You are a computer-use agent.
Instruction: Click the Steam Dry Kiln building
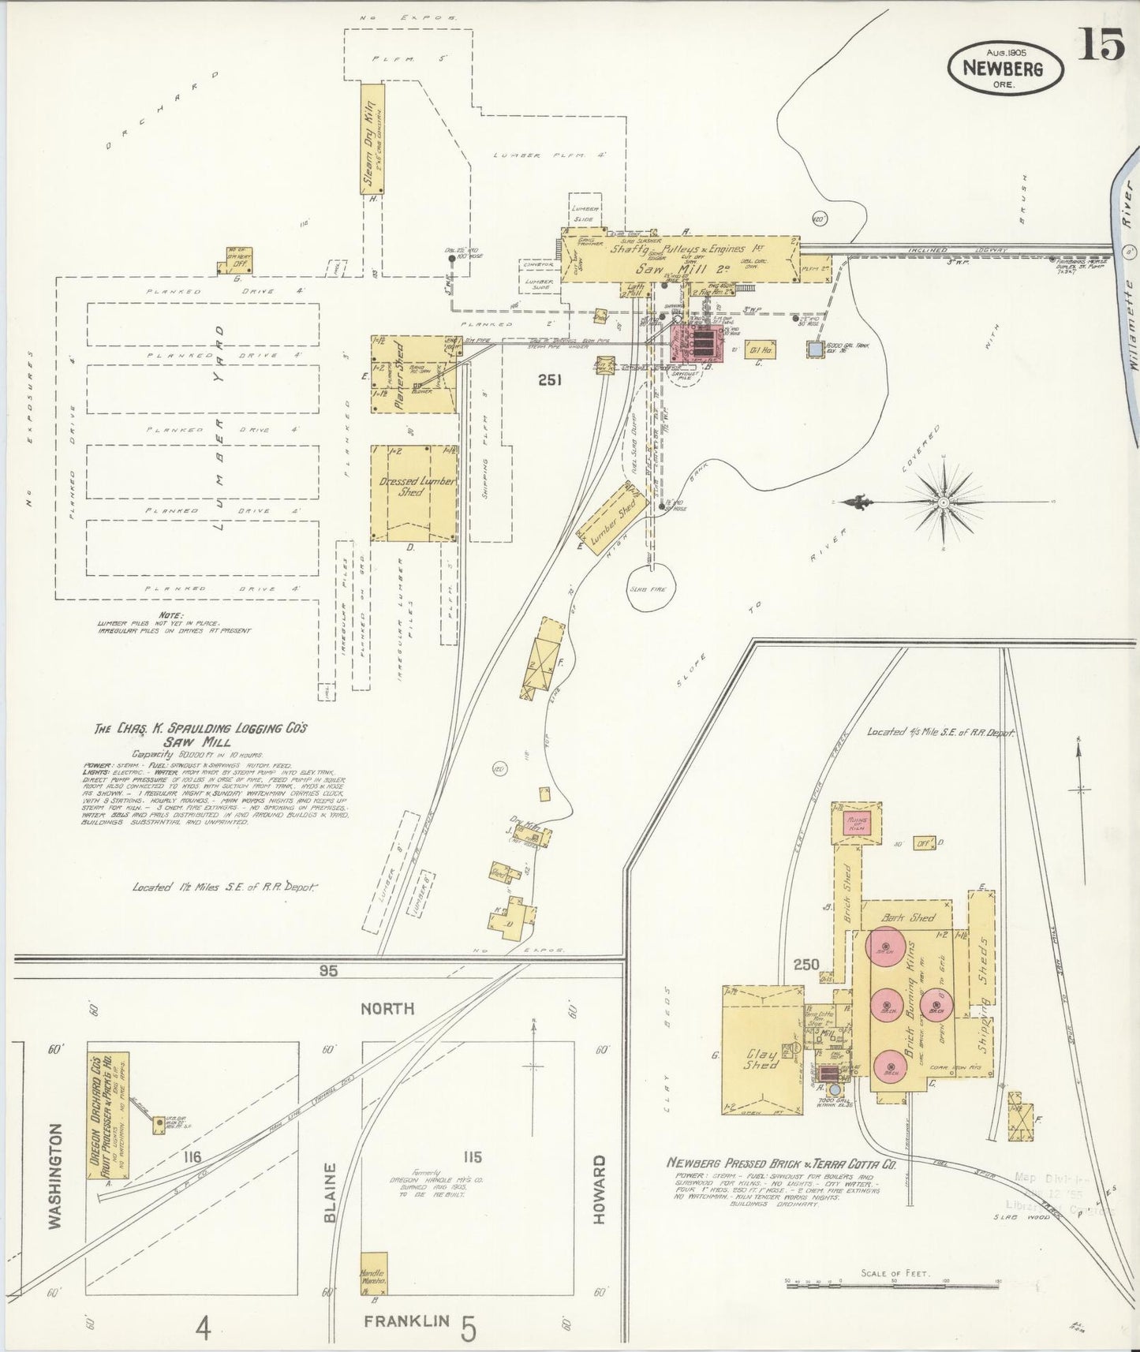tap(372, 138)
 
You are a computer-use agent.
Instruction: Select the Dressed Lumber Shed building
tap(414, 493)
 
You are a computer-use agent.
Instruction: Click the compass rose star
tap(944, 502)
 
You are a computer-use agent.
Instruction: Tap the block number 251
tap(549, 380)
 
